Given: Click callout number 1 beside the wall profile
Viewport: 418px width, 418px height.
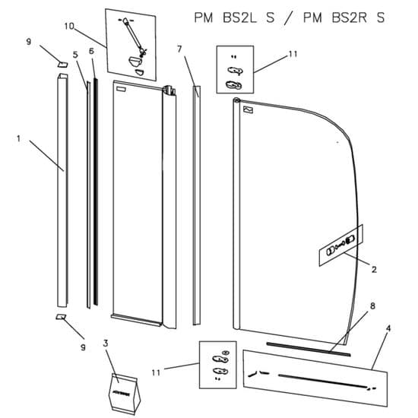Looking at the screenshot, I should coord(17,138).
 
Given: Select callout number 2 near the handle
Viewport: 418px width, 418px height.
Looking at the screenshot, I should coord(375,269).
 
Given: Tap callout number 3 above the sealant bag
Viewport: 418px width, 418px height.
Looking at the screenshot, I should coord(105,344).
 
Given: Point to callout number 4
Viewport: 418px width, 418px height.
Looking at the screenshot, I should coord(388,329).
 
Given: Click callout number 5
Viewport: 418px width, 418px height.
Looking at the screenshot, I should coord(76,55).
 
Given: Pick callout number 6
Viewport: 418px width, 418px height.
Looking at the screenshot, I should coord(91,50).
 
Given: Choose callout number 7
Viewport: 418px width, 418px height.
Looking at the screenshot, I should coord(179,49).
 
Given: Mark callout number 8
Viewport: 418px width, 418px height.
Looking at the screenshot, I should coord(372,306).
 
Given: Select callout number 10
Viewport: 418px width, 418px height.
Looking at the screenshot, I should coord(69,27).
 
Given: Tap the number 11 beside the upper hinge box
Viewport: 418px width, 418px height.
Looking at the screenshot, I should coord(293,54).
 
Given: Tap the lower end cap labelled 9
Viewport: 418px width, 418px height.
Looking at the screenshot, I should coord(61,316).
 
